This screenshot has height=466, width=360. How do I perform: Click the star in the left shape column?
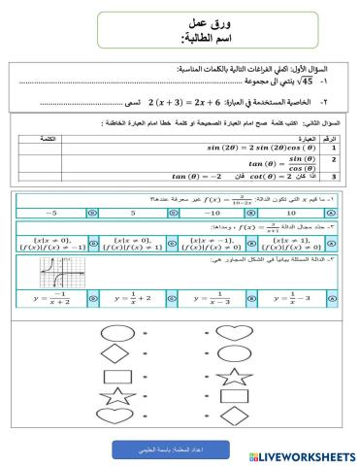pos(115,396)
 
